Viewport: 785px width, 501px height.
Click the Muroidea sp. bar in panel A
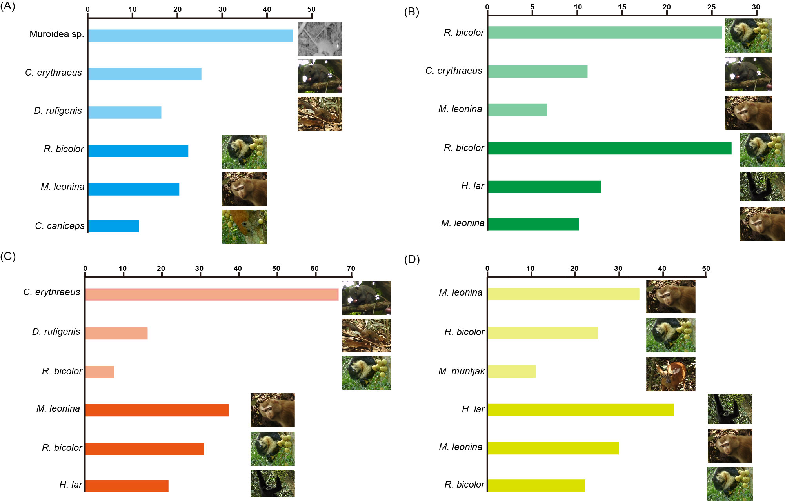(190, 36)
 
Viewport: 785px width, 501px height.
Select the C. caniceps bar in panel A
(113, 226)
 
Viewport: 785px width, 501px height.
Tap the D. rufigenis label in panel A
(58, 111)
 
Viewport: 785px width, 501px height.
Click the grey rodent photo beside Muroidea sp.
(320, 39)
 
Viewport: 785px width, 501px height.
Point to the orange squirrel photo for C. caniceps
(244, 227)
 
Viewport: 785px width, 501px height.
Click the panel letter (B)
(411, 12)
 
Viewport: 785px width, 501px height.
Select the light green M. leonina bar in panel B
(517, 110)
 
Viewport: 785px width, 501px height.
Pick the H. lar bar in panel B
(544, 187)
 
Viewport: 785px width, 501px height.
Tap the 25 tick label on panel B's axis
(711, 7)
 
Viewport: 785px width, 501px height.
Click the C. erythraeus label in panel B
(454, 71)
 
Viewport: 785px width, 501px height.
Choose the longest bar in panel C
(212, 294)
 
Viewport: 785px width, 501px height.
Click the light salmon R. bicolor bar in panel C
(100, 372)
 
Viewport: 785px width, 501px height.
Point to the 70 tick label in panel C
(351, 269)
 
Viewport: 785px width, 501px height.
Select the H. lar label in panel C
(71, 485)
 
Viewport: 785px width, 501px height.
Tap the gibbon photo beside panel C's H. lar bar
(273, 484)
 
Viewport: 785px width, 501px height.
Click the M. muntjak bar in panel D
(512, 371)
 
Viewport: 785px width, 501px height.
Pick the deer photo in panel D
(671, 374)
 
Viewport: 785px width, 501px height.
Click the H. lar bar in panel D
(581, 410)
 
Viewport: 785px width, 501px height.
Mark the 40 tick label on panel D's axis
(662, 269)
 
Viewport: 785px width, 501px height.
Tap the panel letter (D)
(412, 260)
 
